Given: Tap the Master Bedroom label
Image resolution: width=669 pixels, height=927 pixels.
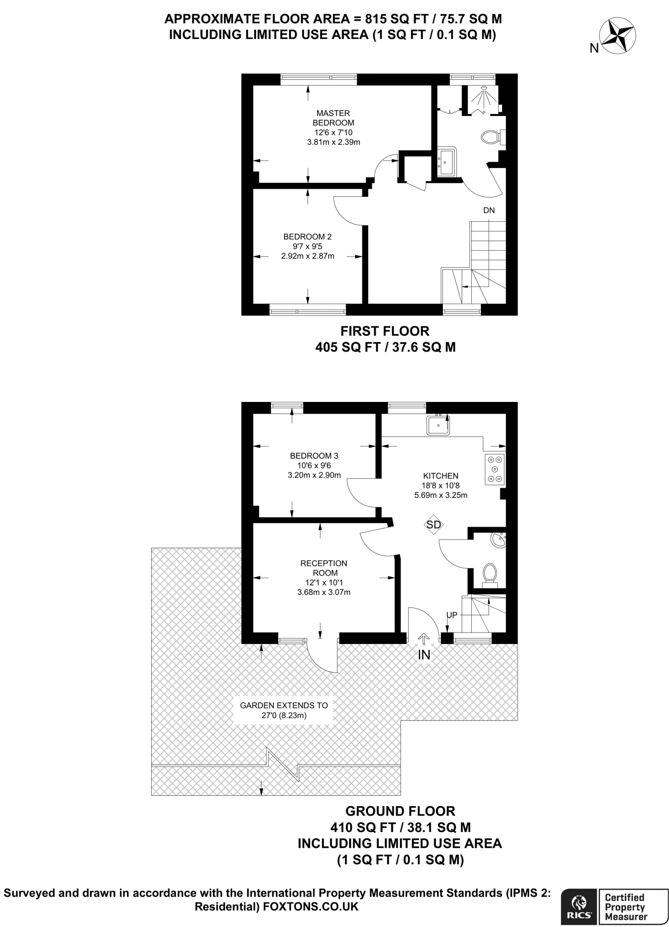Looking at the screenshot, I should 333,118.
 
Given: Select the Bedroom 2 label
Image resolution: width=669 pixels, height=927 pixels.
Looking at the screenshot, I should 308,237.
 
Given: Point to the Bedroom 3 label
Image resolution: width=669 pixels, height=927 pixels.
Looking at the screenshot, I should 314,456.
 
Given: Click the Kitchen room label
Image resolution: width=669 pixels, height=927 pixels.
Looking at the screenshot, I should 441,476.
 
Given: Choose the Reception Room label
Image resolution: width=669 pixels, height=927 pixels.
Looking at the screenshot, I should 324,568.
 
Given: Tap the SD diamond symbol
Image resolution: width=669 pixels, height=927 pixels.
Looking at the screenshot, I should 434,525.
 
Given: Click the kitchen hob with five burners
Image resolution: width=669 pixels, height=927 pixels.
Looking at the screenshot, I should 494,469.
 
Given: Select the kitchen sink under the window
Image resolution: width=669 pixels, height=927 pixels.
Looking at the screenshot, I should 438,425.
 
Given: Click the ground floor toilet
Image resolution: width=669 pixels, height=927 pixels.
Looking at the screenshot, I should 490,573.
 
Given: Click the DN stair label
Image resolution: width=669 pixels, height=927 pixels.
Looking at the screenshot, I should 489,210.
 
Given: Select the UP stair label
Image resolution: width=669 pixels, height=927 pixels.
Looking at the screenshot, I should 452,615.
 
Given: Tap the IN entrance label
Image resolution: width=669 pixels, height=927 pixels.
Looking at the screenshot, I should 424,655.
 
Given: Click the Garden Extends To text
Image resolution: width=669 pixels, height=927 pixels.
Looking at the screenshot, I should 284,705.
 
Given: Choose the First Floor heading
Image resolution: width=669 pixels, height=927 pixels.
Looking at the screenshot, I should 384,331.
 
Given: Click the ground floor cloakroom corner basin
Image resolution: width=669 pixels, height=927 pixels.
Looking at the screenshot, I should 499,540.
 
